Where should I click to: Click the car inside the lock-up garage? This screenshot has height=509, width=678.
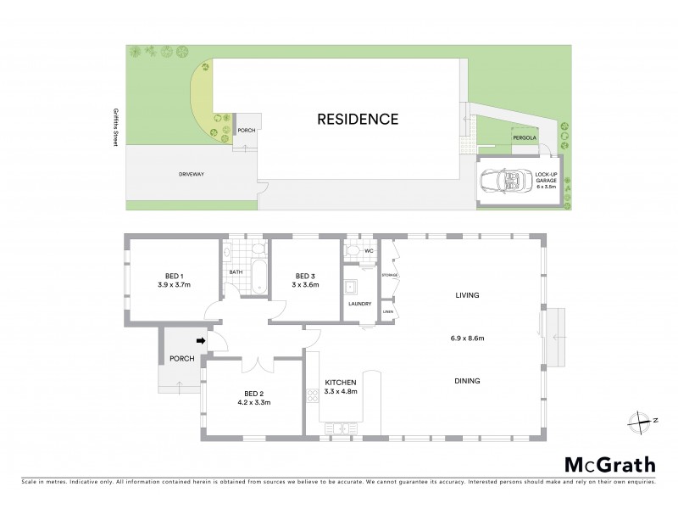pos(504,181)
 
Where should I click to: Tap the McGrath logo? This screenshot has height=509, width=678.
pos(609,464)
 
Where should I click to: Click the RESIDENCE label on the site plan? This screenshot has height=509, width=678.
pos(358,120)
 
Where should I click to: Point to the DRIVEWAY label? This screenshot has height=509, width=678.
pos(192,174)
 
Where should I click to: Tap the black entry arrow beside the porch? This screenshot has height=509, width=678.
pos(201,341)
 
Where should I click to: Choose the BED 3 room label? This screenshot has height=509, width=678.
pos(306,276)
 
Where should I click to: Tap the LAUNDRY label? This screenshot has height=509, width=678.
pos(360,304)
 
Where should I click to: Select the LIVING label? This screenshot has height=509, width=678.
pos(467,295)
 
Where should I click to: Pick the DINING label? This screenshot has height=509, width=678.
pos(467,381)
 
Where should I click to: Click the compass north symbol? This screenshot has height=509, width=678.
pos(640,419)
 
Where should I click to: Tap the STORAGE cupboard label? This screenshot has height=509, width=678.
pos(390,276)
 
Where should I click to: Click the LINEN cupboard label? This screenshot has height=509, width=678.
pos(388,312)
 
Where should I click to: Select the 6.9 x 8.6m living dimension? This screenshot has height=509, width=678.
pos(467,338)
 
